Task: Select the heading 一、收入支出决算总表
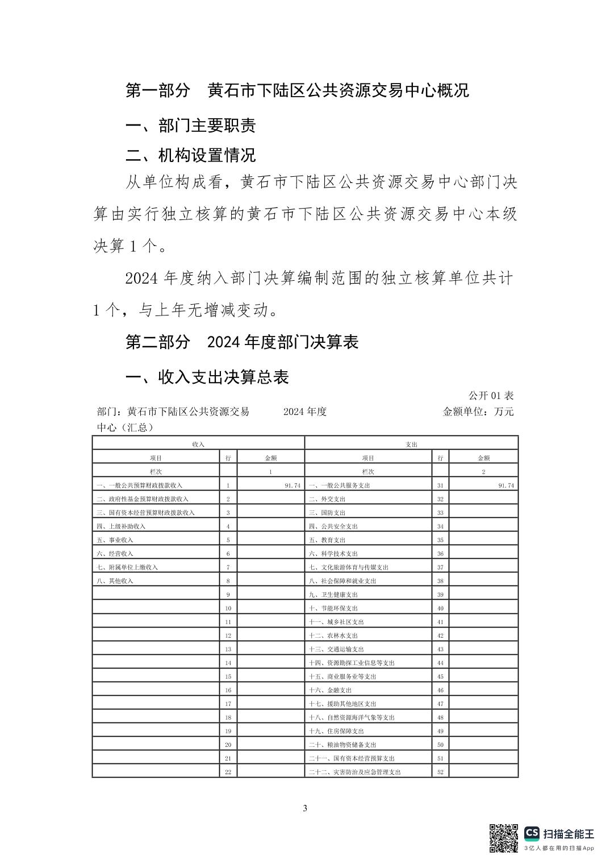point(207,377)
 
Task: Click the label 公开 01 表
point(491,396)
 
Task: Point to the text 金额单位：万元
point(478,412)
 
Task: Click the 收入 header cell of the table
point(198,444)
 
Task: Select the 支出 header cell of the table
point(411,444)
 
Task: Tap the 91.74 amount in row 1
point(292,485)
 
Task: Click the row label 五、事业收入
point(115,540)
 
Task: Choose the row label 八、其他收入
point(115,581)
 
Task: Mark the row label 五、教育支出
point(327,540)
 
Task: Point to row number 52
point(440,772)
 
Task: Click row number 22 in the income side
point(228,772)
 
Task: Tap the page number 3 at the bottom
point(305,808)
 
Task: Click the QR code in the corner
point(504,838)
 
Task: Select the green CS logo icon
point(532,833)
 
